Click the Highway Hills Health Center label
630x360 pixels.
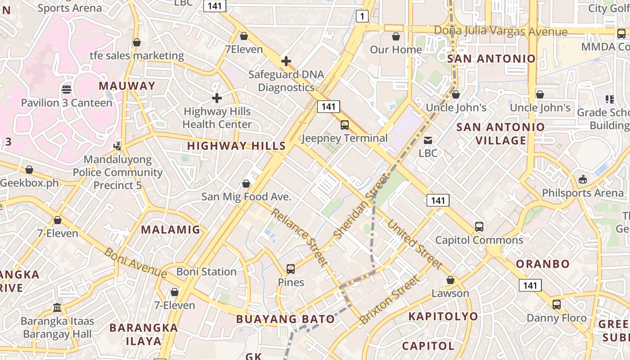(x=217, y=118)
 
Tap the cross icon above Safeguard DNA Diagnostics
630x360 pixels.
(x=286, y=61)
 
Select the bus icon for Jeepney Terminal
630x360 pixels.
(x=345, y=125)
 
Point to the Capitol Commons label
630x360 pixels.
(x=479, y=240)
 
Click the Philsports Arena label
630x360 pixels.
(x=583, y=193)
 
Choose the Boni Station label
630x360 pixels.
(x=206, y=272)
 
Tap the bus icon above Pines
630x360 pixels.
(x=291, y=269)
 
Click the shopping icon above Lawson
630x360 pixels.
(x=450, y=280)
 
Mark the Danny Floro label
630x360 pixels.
(x=557, y=318)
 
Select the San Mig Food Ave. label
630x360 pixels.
(x=246, y=197)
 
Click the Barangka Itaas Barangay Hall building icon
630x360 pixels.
(x=57, y=308)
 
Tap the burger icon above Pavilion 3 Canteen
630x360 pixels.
(x=67, y=90)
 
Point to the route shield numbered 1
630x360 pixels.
(x=362, y=17)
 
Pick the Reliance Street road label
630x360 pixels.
(x=299, y=238)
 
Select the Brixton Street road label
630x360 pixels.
(x=390, y=300)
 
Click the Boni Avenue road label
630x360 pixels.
(x=135, y=262)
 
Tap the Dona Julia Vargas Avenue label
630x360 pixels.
(x=500, y=31)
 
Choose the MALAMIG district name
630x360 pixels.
(x=171, y=230)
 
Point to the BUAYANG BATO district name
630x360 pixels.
(x=285, y=319)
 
